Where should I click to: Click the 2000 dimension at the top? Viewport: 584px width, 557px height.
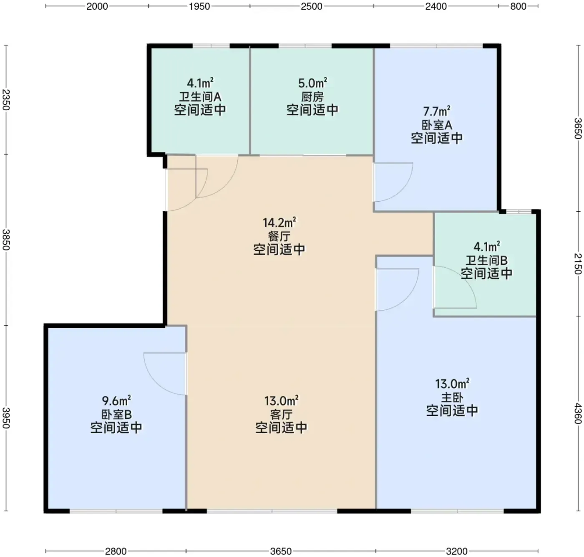point(97,6)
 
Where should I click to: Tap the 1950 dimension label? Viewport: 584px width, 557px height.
point(199,6)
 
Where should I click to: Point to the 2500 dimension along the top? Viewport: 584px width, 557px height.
point(311,6)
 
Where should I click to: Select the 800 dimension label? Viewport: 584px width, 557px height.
point(518,6)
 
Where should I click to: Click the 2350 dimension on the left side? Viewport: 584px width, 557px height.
point(6,100)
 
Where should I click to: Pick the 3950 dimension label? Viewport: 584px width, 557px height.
point(6,418)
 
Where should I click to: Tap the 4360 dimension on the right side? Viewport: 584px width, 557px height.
point(577,413)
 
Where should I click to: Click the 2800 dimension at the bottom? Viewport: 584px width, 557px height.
point(116,551)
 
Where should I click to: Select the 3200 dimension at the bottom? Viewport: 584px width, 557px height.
point(457,551)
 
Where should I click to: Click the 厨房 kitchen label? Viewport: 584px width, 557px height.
point(312,97)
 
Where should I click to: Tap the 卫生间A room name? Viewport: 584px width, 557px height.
point(200,97)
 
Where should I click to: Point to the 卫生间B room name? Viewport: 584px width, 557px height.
point(486,261)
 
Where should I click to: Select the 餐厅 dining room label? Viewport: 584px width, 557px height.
point(279,236)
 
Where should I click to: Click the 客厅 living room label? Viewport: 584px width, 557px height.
point(281,414)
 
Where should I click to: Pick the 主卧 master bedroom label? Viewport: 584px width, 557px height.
point(452,397)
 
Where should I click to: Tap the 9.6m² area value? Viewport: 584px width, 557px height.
point(116,400)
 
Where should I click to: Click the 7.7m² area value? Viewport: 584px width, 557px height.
point(436,111)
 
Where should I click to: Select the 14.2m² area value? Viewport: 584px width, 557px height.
point(279,223)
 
